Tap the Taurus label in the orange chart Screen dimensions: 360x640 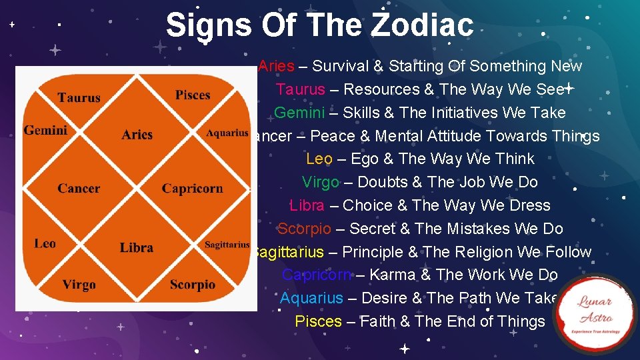point(79,98)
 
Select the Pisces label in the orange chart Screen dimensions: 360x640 point(193,95)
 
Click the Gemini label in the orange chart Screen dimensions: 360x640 point(45,130)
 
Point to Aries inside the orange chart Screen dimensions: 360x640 point(137,135)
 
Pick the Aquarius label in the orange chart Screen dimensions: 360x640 point(227,133)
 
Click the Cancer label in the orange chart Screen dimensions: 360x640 point(79,189)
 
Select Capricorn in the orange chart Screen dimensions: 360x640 point(192,189)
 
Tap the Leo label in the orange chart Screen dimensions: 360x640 point(45,243)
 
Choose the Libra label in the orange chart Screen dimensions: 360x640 point(137,248)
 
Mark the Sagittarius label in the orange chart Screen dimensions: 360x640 point(227,245)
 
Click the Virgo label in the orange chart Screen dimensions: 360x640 point(79,285)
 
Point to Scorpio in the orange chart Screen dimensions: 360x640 point(193,285)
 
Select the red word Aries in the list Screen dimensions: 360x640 point(276,66)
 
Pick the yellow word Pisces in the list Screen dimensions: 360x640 point(318,321)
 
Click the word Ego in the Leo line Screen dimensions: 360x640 point(364,159)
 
